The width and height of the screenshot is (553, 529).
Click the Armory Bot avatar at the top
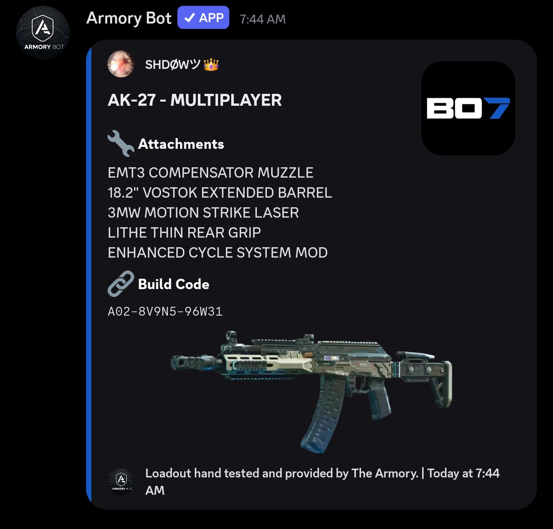coord(43,33)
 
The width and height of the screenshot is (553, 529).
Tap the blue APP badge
coord(203,18)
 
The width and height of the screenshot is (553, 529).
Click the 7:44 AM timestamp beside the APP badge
coord(263,19)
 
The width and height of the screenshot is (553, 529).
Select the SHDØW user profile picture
coord(121,64)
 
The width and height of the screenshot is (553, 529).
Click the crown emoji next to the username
coord(211,65)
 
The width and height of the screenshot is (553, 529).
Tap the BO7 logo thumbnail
coord(468,108)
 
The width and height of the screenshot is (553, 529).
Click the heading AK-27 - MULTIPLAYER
coord(195,100)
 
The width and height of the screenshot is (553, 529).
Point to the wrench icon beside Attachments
coord(121,143)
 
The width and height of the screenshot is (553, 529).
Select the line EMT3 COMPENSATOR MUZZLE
coord(210,173)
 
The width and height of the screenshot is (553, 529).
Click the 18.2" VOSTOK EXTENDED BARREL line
coord(220,193)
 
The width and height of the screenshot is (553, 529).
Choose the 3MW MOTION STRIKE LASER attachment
coord(203,213)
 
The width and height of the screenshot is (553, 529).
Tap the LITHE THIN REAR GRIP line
coord(184,233)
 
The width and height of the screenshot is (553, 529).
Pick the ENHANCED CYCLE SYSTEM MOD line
coord(217,253)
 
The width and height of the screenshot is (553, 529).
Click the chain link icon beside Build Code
coord(121,284)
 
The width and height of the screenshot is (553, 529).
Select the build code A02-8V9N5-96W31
coord(165,311)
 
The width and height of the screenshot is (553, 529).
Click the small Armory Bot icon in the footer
coord(121,481)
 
